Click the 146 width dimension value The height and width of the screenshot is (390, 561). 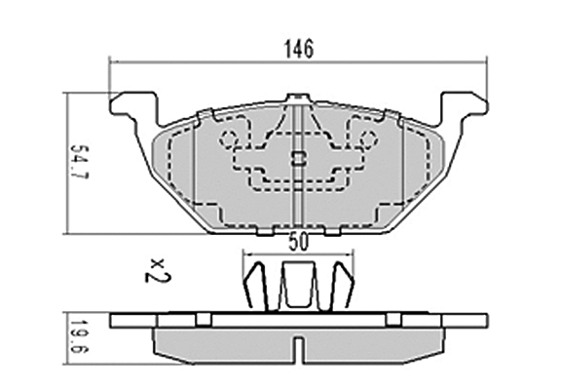click(x=298, y=49)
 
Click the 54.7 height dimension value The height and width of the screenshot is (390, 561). click(x=79, y=162)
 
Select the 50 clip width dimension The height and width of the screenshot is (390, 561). click(x=298, y=243)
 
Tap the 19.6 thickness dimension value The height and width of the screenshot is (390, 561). click(x=78, y=336)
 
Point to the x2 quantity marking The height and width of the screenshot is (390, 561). click(x=158, y=270)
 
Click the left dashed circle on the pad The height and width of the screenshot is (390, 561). click(x=228, y=138)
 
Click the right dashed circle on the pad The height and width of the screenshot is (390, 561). click(x=368, y=138)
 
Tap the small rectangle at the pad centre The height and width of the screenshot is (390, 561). click(x=298, y=158)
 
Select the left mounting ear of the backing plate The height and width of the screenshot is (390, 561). click(x=134, y=106)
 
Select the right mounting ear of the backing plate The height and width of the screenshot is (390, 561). click(x=464, y=106)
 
